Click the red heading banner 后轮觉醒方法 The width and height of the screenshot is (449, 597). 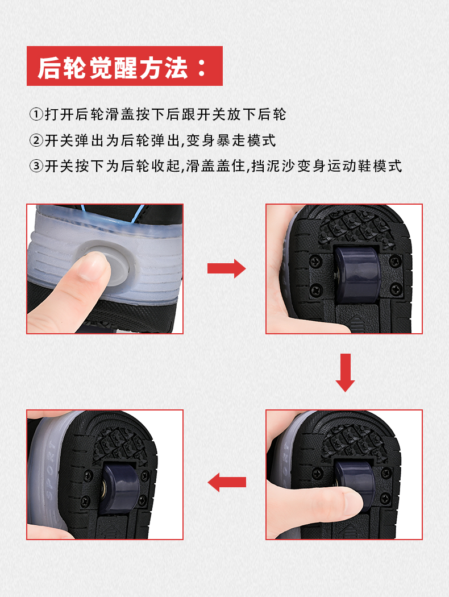tap(124, 66)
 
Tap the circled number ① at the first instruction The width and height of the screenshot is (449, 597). tap(36, 114)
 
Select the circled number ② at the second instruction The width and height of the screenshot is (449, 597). tap(36, 140)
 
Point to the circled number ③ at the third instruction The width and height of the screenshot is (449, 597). tap(36, 166)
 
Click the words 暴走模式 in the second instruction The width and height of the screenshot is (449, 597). tap(246, 140)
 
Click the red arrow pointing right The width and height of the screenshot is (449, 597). tap(226, 268)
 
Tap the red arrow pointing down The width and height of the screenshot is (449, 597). tap(345, 373)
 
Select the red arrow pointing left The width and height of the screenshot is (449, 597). tap(227, 482)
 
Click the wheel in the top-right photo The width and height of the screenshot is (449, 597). tap(356, 273)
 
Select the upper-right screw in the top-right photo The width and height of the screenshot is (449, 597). tap(395, 261)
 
